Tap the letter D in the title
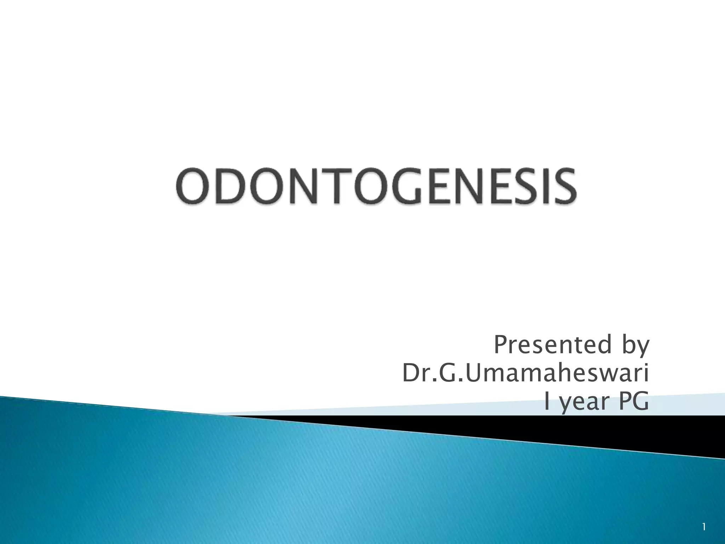tap(229, 186)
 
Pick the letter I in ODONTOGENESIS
tap(539, 186)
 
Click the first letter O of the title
tap(193, 186)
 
